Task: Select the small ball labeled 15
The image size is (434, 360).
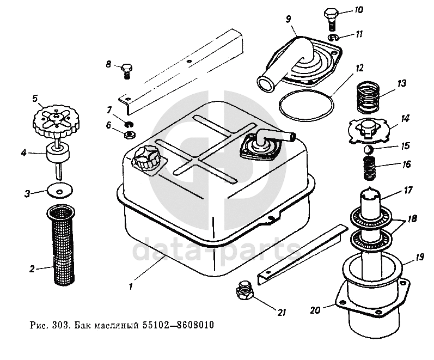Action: tap(368, 149)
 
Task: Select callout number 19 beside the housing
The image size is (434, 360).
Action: tap(420, 256)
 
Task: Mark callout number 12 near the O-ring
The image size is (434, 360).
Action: tap(359, 70)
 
